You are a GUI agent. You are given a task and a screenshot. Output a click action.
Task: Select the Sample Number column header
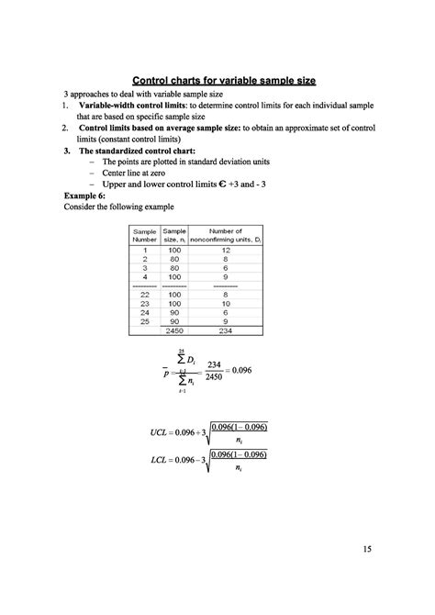(x=144, y=236)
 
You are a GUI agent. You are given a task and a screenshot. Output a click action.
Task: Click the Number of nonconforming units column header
(x=225, y=236)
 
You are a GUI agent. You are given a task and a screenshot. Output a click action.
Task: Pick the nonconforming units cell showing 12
(x=225, y=250)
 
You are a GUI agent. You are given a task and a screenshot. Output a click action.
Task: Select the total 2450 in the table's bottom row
(x=174, y=330)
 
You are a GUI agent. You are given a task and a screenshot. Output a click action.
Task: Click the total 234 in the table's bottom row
(x=225, y=330)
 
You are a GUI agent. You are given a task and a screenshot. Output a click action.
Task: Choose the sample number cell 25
(x=144, y=320)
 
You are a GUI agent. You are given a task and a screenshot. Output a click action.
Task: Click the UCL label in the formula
(x=163, y=431)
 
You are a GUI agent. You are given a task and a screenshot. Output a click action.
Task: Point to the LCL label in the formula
(x=163, y=459)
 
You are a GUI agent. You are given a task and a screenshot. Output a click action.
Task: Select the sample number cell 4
(x=144, y=277)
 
